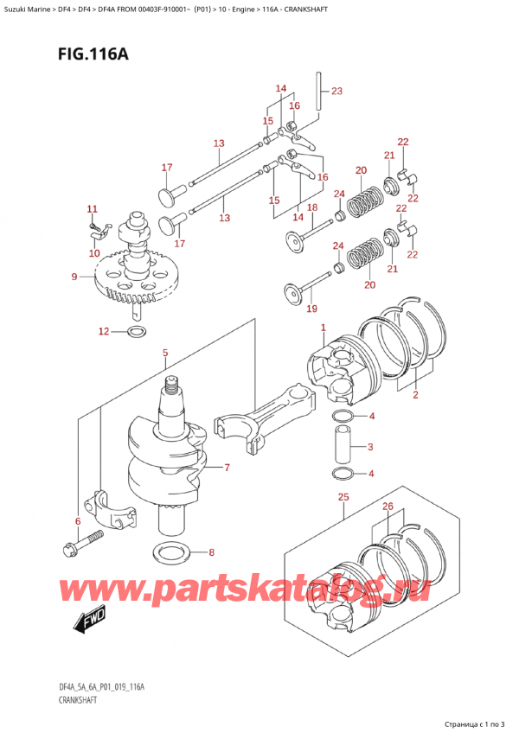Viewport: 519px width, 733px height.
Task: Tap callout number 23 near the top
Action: [x=336, y=91]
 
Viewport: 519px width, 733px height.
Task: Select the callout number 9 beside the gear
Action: [x=74, y=277]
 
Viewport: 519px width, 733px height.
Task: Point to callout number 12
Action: [x=104, y=331]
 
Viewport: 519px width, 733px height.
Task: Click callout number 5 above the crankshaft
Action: [x=165, y=353]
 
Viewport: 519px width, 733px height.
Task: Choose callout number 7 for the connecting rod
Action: [x=227, y=468]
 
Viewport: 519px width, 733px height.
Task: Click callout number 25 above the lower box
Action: [x=343, y=497]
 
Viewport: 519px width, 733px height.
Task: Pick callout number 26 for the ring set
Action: [x=388, y=507]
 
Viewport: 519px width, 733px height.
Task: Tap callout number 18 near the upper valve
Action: [x=312, y=207]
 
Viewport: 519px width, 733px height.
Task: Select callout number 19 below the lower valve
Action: [x=312, y=309]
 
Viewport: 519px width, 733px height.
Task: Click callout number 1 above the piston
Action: [x=323, y=328]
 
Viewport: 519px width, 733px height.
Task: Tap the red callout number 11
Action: [x=93, y=208]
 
